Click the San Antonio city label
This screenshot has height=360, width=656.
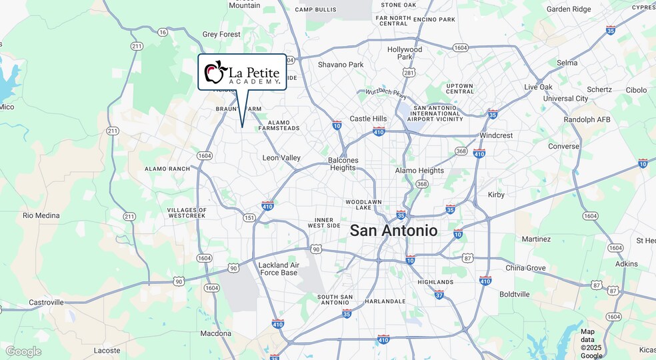pyautogui.click(x=394, y=231)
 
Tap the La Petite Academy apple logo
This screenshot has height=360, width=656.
pyautogui.click(x=215, y=71)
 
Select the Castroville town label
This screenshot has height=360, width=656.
pyautogui.click(x=46, y=302)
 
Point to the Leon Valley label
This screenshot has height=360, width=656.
pyautogui.click(x=281, y=158)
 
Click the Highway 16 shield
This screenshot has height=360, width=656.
pyautogui.click(x=163, y=32)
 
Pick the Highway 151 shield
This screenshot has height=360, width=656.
pyautogui.click(x=249, y=218)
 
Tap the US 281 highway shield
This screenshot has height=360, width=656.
pyautogui.click(x=409, y=72)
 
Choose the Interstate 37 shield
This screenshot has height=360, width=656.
pyautogui.click(x=439, y=294)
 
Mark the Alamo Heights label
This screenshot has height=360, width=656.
pyautogui.click(x=419, y=171)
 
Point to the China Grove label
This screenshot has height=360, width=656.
pyautogui.click(x=525, y=268)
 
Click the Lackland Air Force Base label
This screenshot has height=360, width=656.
pyautogui.click(x=278, y=269)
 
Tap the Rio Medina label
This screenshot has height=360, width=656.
pyautogui.click(x=41, y=215)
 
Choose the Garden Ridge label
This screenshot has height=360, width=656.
pyautogui.click(x=568, y=9)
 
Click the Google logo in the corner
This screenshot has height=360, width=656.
pyautogui.click(x=23, y=351)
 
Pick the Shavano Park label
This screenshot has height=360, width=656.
pyautogui.click(x=341, y=65)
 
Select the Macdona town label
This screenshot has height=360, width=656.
pyautogui.click(x=216, y=333)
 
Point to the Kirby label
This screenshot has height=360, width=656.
pyautogui.click(x=496, y=195)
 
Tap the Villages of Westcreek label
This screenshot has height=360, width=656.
pyautogui.click(x=187, y=213)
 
